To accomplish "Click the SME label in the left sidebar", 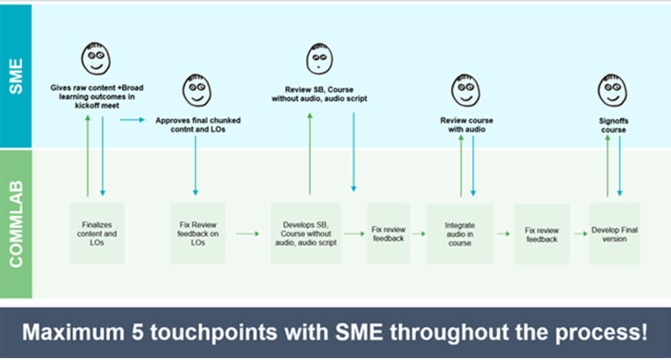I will coord(16,76).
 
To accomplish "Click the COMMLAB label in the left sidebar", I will coord(16,224).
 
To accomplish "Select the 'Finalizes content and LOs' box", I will coord(96,234).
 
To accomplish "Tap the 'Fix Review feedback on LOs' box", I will coord(198,234).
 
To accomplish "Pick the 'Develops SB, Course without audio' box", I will coord(306,234).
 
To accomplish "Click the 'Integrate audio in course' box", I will coord(460,234).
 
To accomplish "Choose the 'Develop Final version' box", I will coord(614,234).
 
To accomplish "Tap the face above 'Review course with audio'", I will coord(465,90).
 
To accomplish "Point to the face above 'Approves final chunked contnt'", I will coord(197,90).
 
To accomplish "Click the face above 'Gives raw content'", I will coord(95,59).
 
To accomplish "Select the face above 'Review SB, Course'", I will coord(319,59).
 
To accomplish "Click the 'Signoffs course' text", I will coord(613,125).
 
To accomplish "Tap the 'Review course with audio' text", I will coord(467,124).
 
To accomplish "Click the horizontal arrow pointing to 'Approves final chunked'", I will coord(132,119).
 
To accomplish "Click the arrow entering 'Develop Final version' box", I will coord(581,234).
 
